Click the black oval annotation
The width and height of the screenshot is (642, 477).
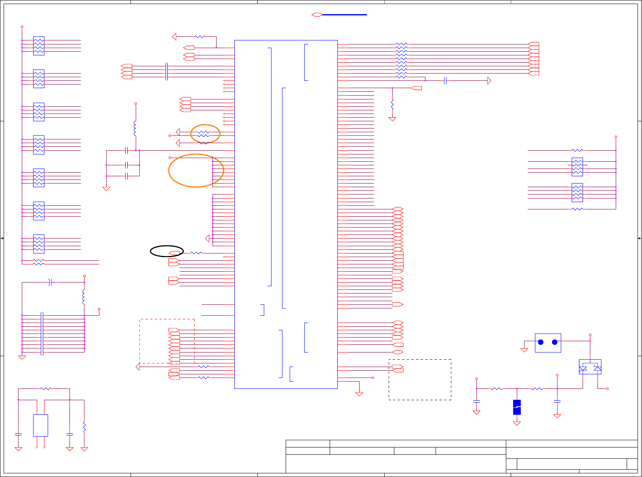click(167, 251)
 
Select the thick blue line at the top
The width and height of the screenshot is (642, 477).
click(345, 15)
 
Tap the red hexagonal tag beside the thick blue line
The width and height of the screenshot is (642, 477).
click(317, 15)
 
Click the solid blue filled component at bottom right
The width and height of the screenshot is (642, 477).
click(517, 407)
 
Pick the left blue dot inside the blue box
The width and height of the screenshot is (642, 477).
click(541, 342)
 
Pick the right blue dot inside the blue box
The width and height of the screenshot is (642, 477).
click(555, 342)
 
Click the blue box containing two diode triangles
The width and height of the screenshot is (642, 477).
click(590, 367)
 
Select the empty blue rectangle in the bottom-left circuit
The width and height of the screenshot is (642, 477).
click(40, 425)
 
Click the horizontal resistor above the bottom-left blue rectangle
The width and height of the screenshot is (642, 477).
click(46, 389)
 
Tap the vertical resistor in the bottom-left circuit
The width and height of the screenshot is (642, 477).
click(84, 427)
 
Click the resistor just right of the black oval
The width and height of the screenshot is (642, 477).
click(196, 253)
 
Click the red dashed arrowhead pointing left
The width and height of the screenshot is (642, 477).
click(138, 367)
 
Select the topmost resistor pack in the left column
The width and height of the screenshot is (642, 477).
click(39, 46)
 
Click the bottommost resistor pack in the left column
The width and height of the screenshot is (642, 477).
click(39, 244)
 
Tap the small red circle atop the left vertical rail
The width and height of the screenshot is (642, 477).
click(22, 27)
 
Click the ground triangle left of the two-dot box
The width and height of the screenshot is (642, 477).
click(524, 350)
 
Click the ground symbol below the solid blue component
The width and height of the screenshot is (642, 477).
click(517, 423)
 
